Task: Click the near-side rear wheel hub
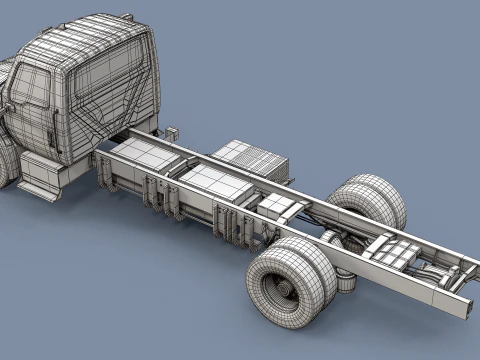(x=281, y=290)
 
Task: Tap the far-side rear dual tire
(x=371, y=201)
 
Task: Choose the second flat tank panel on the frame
(x=214, y=183)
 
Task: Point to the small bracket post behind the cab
(x=171, y=132)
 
